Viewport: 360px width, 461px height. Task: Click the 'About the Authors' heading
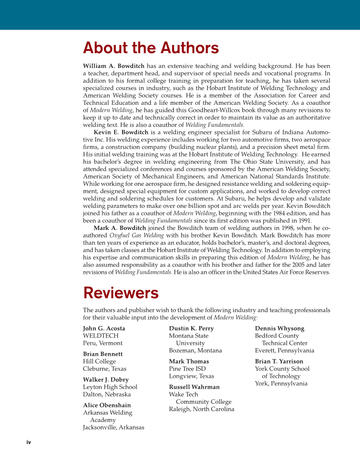point(151,48)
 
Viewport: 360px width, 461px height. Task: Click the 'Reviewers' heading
point(121,293)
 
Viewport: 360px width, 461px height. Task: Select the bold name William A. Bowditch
point(114,66)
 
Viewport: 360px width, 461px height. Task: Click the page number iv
point(29,442)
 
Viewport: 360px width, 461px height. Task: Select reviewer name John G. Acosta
point(104,328)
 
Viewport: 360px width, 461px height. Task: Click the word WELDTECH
point(100,336)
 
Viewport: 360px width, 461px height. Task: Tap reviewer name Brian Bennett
point(103,354)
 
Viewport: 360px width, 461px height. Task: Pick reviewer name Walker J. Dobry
point(106,380)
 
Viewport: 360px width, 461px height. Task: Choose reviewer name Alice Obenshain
point(107,405)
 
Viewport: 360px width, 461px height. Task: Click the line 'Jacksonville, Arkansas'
point(113,427)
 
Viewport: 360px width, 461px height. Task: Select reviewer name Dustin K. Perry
point(191,328)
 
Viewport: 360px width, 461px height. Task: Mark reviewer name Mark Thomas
point(189,361)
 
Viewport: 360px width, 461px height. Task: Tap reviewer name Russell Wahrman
point(194,387)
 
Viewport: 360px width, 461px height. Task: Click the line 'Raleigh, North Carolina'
point(201,409)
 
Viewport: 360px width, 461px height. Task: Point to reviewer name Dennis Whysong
point(279,328)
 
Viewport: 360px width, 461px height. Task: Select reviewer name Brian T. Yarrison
point(279,361)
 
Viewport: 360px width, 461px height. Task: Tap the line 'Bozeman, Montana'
point(195,350)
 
